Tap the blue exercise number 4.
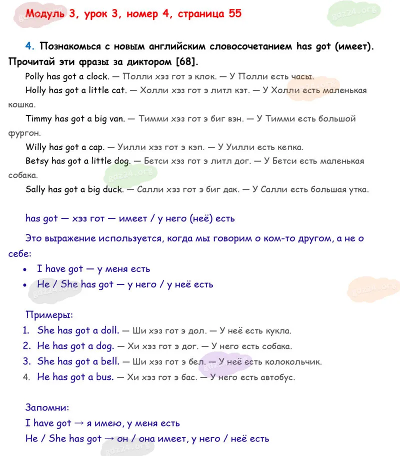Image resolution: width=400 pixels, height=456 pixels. pyautogui.click(x=29, y=46)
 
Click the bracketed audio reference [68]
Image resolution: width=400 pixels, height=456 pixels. pyautogui.click(x=185, y=62)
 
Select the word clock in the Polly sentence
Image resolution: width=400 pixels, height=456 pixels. pyautogui.click(x=97, y=76)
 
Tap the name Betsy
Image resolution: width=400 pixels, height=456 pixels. pyautogui.click(x=37, y=161)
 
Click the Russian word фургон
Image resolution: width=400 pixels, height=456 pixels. pyautogui.click(x=24, y=133)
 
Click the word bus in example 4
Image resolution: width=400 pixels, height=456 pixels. pyautogui.click(x=104, y=377)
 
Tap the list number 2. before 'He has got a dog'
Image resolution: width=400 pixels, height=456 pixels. pyautogui.click(x=27, y=346)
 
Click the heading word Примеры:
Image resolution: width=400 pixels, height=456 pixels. pyautogui.click(x=49, y=315)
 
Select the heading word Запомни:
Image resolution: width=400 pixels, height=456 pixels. pyautogui.click(x=47, y=408)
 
